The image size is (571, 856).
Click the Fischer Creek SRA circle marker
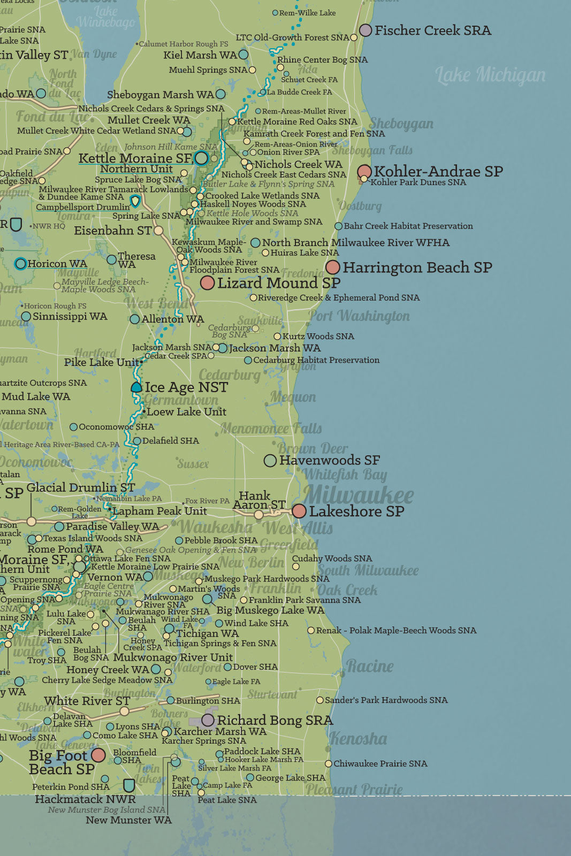366,30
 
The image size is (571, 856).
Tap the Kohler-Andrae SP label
438,171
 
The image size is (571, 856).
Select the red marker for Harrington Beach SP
332,267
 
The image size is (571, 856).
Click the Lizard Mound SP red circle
207,282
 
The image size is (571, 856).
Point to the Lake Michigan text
490,75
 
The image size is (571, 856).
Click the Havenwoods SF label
329,460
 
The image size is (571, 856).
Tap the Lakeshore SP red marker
299,511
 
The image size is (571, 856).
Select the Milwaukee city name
359,494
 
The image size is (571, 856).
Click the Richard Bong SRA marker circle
208,720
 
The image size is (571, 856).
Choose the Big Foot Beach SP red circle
98,755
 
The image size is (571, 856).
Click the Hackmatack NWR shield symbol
128,785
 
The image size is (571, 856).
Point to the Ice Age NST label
186,387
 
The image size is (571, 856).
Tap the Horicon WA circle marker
20,263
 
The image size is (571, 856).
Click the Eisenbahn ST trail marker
158,231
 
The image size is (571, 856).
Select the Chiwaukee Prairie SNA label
380,763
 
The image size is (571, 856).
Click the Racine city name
370,666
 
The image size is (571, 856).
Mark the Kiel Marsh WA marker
243,55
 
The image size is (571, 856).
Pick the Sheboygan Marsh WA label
160,95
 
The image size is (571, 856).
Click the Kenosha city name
358,738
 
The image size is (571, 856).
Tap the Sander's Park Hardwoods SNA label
386,700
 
